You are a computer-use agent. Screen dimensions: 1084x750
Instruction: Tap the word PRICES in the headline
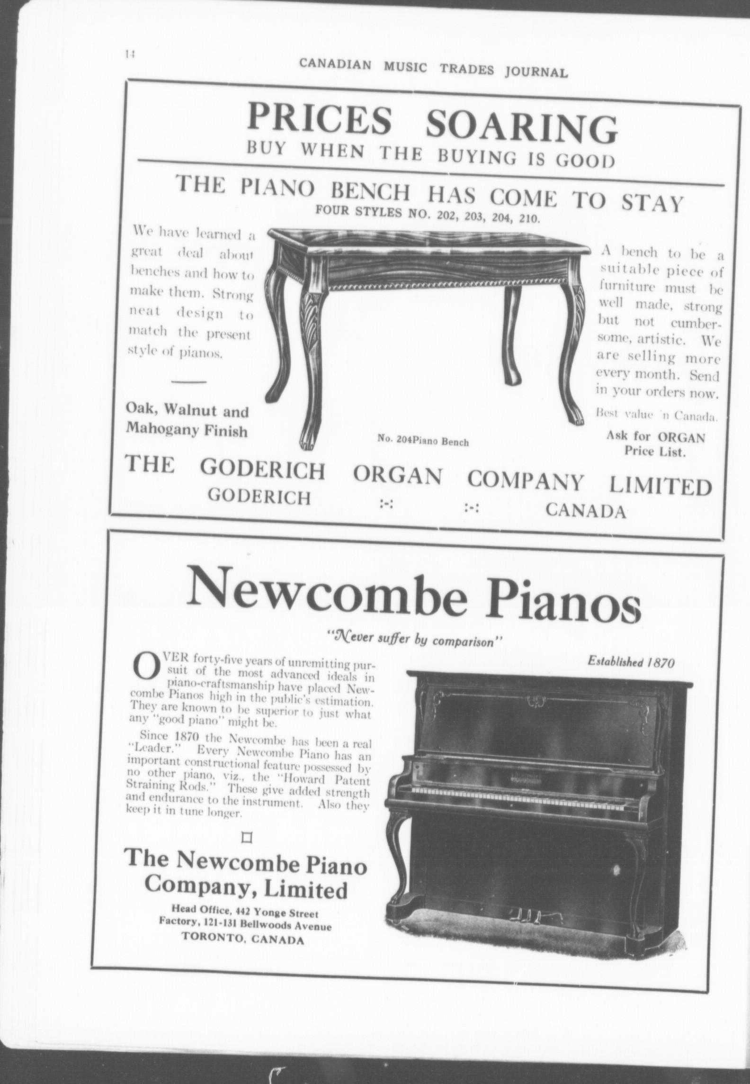[320, 120]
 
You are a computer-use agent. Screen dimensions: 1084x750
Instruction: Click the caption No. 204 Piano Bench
[422, 442]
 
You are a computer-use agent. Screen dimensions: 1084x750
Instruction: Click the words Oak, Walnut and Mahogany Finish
[187, 421]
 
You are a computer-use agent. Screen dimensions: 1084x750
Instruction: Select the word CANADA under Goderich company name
[586, 510]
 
